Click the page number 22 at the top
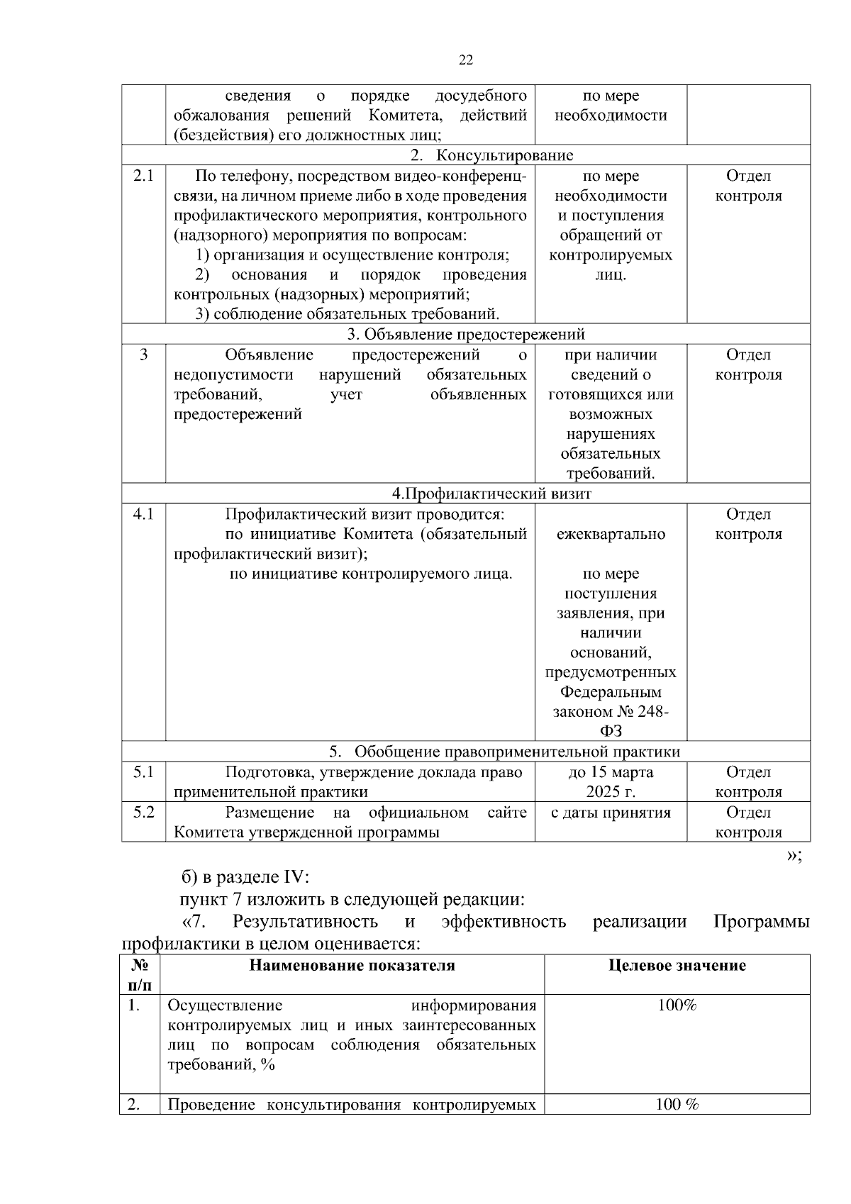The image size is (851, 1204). coord(466,60)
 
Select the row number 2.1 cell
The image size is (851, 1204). coord(143,176)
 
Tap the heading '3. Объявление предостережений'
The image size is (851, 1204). coord(466,334)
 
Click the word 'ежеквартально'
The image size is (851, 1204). coord(611,534)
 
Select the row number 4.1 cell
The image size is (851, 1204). coord(143,514)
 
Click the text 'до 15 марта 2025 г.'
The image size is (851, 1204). coord(611,782)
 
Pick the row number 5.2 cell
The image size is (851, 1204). coord(143,813)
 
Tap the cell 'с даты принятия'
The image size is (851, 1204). coord(611,813)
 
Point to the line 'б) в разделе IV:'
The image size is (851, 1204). coord(245,877)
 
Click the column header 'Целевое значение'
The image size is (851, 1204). coord(677,966)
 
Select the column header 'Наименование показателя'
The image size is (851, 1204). coord(352,966)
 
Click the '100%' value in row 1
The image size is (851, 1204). coord(677,1005)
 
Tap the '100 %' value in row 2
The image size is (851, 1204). coord(677,1105)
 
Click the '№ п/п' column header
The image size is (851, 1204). coord(140,975)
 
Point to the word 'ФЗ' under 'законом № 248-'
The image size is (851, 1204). coord(611,731)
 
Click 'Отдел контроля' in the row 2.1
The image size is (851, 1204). coord(748,186)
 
